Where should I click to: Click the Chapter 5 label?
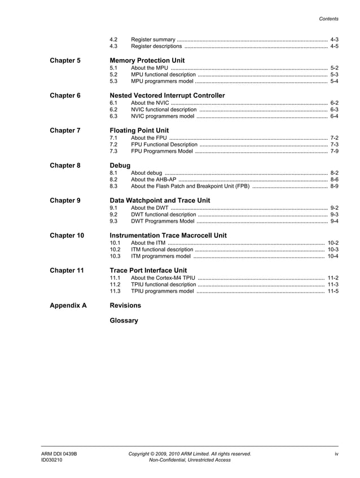click(x=65, y=60)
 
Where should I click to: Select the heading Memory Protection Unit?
click(x=147, y=60)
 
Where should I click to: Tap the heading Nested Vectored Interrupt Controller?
click(x=167, y=95)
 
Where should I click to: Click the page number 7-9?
click(x=334, y=151)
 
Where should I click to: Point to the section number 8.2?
click(x=113, y=179)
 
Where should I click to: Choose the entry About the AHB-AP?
click(x=153, y=179)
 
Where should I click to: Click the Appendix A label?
click(x=68, y=306)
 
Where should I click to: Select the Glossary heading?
click(x=124, y=321)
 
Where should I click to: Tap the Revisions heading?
click(x=125, y=306)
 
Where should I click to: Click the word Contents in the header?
click(x=329, y=19)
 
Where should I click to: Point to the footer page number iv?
click(x=336, y=453)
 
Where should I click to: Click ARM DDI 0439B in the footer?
click(x=59, y=453)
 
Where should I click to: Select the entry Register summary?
click(x=153, y=39)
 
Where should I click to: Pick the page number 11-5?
click(x=333, y=291)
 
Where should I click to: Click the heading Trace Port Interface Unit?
click(x=148, y=271)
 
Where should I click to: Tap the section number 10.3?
click(x=115, y=256)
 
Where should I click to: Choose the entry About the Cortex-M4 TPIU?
click(x=163, y=278)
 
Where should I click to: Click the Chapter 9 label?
click(x=65, y=201)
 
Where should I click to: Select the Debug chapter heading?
click(x=120, y=165)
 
